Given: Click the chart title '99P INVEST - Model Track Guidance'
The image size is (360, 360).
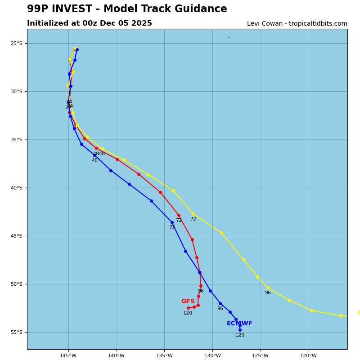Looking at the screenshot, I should point(127,9).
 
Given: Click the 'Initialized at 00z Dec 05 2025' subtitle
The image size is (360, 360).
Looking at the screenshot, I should point(90,23).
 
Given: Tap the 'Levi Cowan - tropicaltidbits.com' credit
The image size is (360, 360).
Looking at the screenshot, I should point(297,24).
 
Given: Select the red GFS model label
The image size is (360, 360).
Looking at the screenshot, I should point(188,301).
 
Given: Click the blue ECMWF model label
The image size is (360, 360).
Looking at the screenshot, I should point(239,324).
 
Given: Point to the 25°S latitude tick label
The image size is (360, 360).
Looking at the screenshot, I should point(17,44).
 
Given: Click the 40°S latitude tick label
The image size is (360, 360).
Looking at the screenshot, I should point(17,188).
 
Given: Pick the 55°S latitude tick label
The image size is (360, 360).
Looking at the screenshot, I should point(17,333).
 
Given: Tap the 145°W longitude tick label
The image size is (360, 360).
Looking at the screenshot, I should point(68,356).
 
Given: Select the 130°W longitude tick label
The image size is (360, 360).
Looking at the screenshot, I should point(212,356).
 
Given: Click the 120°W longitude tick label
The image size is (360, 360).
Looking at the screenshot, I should point(309,356).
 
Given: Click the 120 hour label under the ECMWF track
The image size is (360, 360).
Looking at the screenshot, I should point(240,335).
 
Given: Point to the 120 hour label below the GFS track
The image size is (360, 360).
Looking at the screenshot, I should point(188,313).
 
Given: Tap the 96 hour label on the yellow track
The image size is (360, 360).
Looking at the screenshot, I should point(268,293).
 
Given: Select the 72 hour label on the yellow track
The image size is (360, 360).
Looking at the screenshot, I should point(193,219).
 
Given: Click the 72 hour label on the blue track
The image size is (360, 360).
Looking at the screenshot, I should point(172,228).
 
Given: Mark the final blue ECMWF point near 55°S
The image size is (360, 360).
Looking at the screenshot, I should point(240,330).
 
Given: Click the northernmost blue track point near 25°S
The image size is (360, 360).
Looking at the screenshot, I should point(77,49).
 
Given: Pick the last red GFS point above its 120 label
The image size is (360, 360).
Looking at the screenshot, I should point(188,308).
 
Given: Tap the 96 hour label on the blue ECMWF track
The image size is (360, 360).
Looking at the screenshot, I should point(220,309).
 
